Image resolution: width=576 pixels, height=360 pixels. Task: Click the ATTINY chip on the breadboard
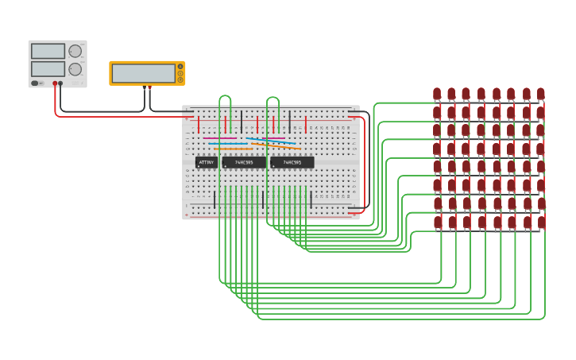point(206,162)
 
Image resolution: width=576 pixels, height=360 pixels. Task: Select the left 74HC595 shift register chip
point(244,162)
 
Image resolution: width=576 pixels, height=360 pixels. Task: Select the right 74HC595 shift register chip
point(292,162)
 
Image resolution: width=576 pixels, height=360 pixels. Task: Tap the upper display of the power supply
point(48,51)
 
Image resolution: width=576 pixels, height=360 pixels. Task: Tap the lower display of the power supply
point(48,69)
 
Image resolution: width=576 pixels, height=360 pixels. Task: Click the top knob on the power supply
point(75,51)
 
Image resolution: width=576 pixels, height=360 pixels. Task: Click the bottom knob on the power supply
point(75,69)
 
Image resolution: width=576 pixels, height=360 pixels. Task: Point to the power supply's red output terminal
point(55,83)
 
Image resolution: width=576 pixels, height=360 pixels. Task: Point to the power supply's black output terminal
point(60,83)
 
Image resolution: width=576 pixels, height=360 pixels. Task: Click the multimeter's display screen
point(144,73)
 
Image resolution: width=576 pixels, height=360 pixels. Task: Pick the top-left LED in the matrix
point(437,95)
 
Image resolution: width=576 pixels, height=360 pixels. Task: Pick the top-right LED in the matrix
point(540,95)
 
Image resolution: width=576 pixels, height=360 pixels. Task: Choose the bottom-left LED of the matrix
point(437,223)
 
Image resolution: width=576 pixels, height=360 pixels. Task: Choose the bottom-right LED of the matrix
point(542,223)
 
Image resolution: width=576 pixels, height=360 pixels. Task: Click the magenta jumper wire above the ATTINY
point(219,138)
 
